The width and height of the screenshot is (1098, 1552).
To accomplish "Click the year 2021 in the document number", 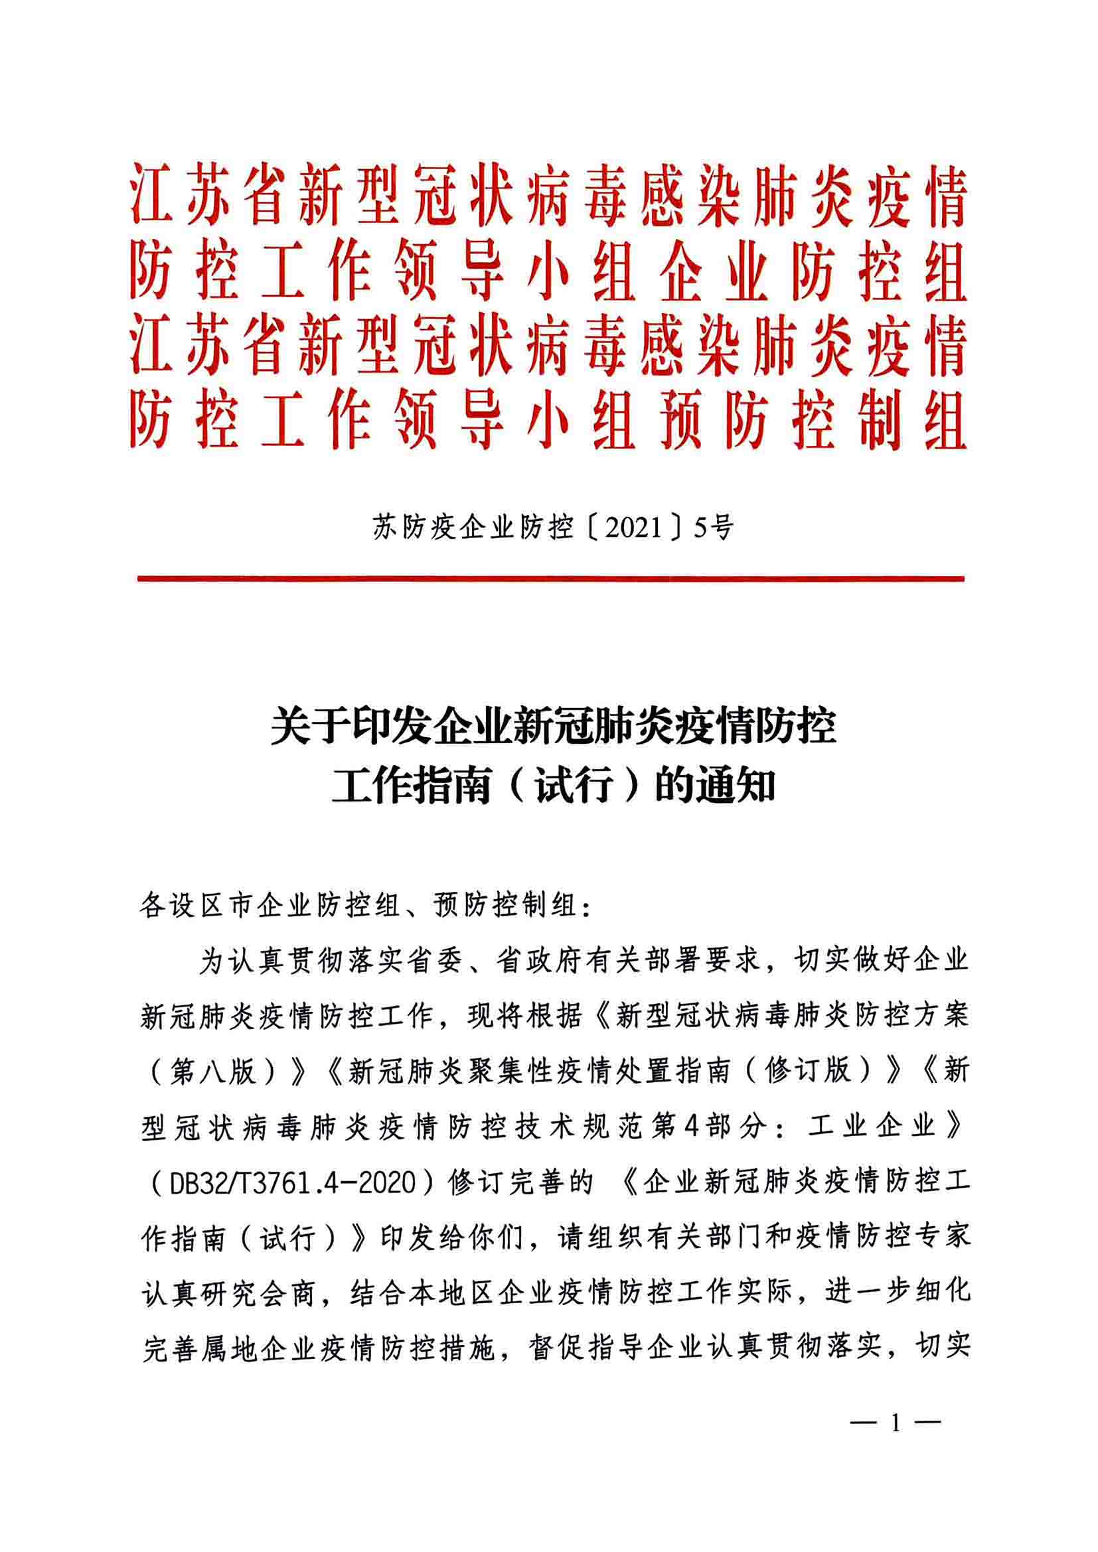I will pos(633,528).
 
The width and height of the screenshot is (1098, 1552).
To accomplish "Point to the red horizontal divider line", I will pos(550,579).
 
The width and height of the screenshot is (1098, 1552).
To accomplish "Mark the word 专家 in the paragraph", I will pos(941,1237).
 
